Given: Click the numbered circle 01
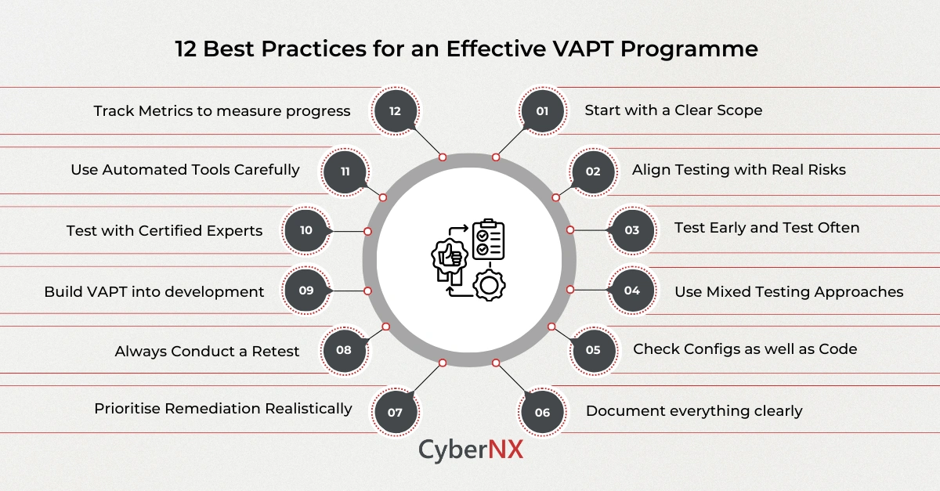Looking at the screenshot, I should coord(542,111).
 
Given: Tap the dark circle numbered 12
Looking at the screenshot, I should coord(395,111).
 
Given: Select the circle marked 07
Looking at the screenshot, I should coord(395,411).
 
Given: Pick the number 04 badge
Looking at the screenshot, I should coord(631,291).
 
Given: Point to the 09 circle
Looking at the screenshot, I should coord(306,291).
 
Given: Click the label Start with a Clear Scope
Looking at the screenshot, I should coord(673,110).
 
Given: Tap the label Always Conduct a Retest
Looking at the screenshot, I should coord(207,351).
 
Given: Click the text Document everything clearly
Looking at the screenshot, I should coord(694,411).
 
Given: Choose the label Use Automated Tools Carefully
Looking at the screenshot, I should coord(185,170).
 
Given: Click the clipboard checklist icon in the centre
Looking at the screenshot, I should coord(488,240).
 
